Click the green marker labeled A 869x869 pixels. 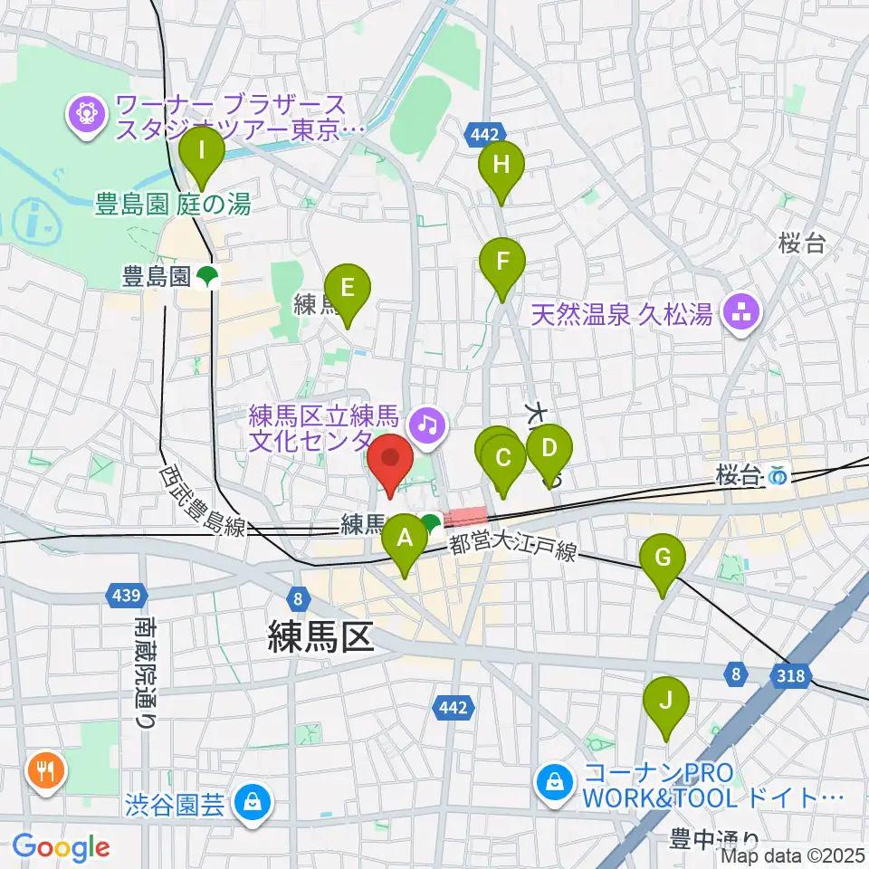405,540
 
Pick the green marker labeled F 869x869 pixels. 502,263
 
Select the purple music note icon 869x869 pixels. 427,422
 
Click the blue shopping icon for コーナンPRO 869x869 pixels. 554,781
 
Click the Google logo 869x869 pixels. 61,846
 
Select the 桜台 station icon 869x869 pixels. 778,474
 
